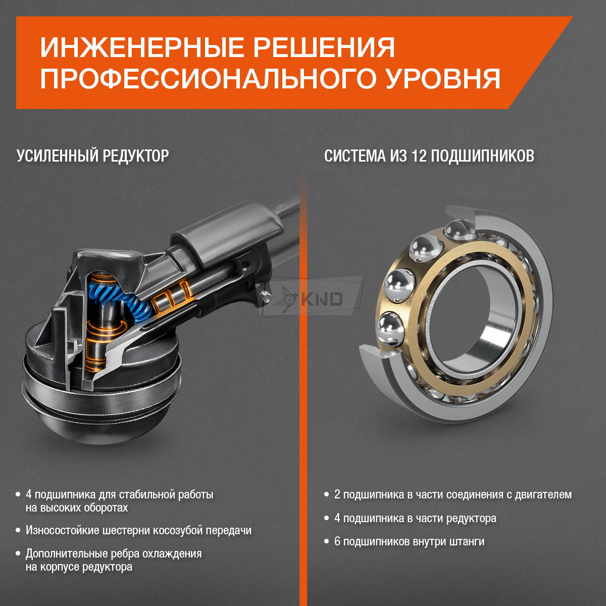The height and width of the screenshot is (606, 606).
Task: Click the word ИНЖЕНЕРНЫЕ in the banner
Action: [142, 47]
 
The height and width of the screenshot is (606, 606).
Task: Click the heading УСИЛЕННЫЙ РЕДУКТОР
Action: [93, 156]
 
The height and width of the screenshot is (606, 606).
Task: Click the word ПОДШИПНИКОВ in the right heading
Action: [482, 156]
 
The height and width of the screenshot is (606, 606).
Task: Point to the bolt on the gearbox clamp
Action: [266, 296]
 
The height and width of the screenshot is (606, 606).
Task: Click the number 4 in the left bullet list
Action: [29, 495]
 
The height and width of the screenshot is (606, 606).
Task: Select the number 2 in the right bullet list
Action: [337, 495]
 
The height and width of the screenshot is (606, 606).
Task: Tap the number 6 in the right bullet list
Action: [337, 541]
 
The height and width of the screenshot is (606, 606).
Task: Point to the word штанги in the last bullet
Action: [467, 542]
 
